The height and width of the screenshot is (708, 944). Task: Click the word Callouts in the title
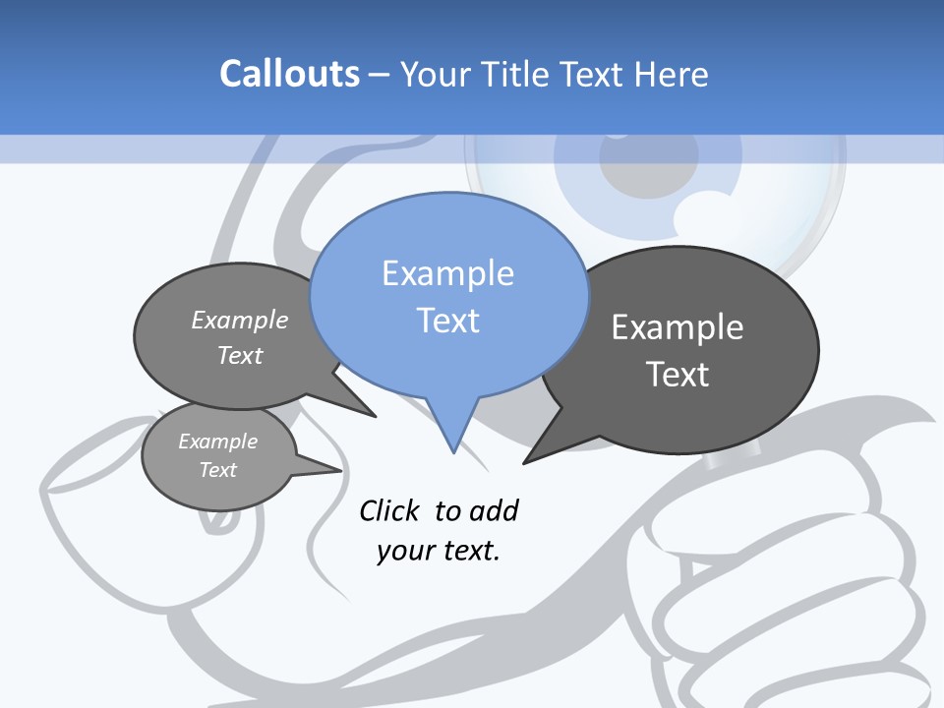289,74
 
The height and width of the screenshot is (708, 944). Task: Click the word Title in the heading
516,74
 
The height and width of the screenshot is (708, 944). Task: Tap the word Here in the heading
671,74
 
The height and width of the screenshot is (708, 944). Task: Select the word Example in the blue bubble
447,273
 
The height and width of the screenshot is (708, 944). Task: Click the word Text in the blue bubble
447,320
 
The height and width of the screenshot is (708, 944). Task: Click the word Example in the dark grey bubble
677,327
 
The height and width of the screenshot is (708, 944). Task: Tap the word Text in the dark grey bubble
677,374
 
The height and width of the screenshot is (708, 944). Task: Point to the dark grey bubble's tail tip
525,462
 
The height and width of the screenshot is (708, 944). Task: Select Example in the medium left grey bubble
240,320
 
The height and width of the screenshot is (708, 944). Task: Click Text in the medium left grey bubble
240,355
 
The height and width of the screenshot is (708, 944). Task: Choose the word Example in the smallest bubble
217,442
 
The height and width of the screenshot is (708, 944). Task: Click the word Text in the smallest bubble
217,470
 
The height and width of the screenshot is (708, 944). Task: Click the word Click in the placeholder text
391,510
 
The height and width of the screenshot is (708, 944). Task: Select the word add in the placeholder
493,510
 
